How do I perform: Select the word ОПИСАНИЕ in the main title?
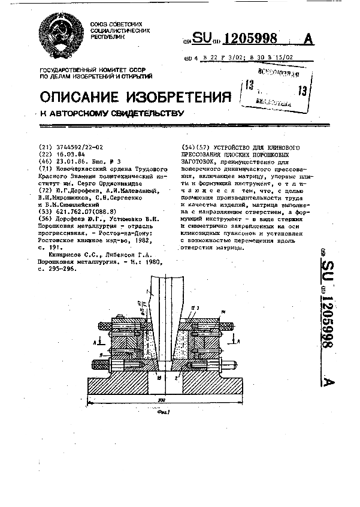point(77,98)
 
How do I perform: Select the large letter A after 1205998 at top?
point(309,39)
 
